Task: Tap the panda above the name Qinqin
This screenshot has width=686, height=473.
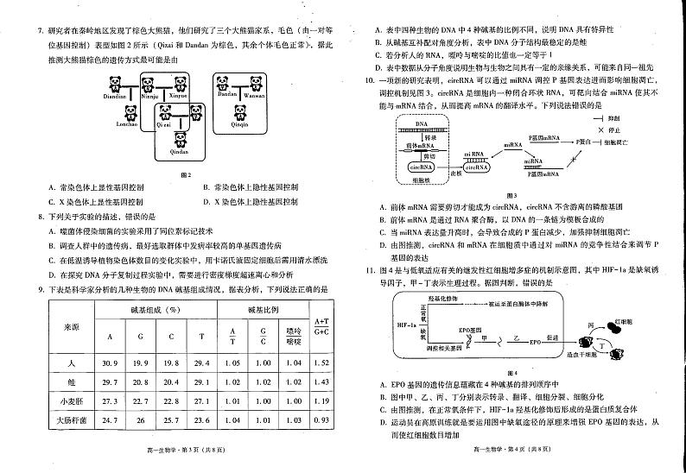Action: pyautogui.click(x=239, y=113)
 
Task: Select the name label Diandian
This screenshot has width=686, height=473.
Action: pyautogui.click(x=116, y=97)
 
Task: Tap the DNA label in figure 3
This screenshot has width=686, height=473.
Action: pyautogui.click(x=421, y=123)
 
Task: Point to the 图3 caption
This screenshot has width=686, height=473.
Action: pyautogui.click(x=511, y=195)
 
